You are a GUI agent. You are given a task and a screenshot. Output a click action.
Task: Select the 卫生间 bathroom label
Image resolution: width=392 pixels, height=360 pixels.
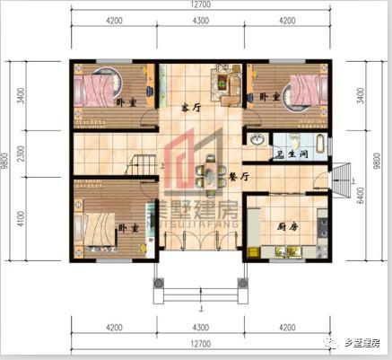click(x=290, y=154)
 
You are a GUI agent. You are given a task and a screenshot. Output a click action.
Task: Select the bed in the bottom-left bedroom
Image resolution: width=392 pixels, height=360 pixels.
click(x=100, y=225)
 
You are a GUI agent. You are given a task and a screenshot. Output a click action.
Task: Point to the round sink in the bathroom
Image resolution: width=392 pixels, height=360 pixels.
click(x=257, y=139)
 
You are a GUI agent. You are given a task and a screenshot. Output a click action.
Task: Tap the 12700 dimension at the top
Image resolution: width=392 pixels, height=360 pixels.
click(x=200, y=6)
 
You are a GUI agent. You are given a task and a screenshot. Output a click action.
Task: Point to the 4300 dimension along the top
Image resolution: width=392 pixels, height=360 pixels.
click(x=200, y=20)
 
